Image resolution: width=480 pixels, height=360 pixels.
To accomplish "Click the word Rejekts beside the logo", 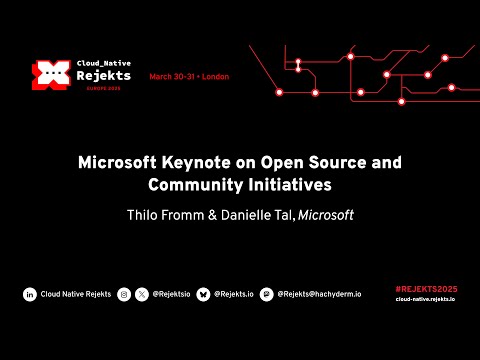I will pos(108,74).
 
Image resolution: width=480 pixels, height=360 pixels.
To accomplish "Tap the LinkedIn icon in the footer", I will pos(30,294).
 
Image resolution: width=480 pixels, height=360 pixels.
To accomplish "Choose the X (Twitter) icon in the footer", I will pos(142,294).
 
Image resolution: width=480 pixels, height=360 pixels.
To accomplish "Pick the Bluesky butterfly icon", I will pos(204,294).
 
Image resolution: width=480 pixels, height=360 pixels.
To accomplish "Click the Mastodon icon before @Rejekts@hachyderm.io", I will pos(266,294).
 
